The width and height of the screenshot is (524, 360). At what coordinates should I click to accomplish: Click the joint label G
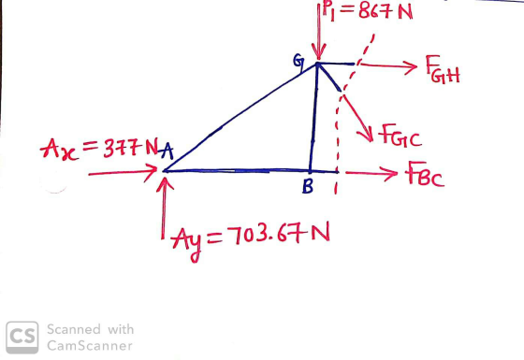(298, 62)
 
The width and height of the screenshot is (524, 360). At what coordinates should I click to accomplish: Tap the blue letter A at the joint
(167, 151)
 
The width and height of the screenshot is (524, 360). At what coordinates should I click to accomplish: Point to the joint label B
(308, 187)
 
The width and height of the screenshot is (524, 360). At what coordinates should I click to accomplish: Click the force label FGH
(443, 69)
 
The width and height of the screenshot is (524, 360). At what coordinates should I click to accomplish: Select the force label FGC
(400, 136)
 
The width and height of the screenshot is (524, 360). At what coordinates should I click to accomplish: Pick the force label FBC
(425, 174)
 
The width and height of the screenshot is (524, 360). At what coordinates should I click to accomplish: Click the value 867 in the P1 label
(374, 11)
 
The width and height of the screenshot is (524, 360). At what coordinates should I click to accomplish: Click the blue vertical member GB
(313, 117)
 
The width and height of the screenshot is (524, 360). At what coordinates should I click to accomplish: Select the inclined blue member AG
(240, 116)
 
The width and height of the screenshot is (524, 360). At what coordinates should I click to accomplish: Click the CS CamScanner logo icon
(22, 338)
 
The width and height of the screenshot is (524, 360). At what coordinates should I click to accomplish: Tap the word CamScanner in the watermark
(90, 345)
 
